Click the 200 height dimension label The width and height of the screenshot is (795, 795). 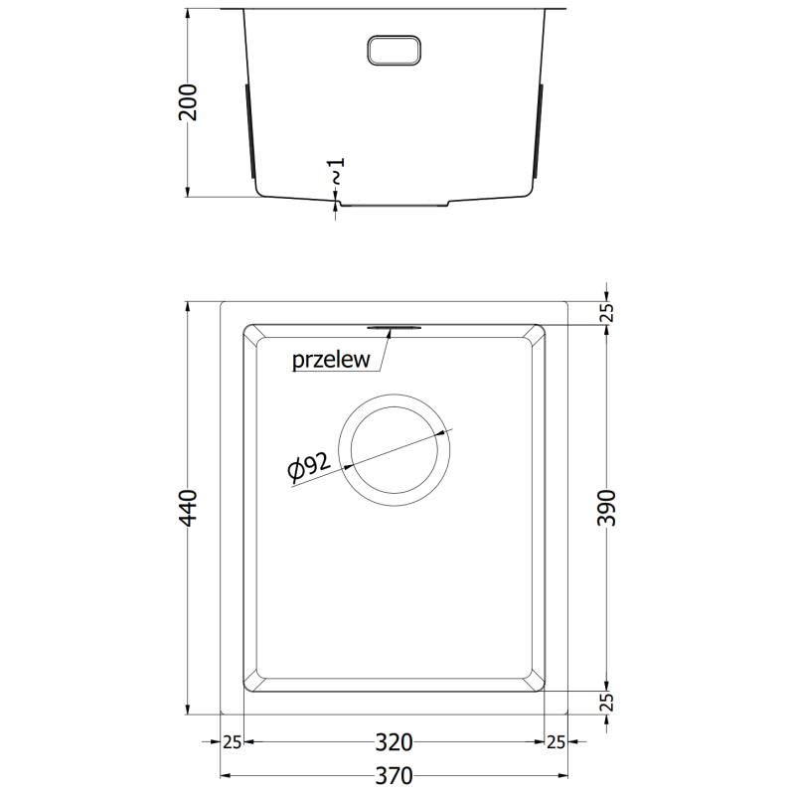(x=190, y=102)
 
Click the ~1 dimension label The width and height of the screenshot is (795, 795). (x=337, y=170)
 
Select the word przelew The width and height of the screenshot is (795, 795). (x=331, y=361)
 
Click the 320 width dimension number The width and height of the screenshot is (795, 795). (x=395, y=742)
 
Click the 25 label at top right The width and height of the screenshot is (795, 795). (x=609, y=313)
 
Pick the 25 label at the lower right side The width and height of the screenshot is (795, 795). (x=609, y=703)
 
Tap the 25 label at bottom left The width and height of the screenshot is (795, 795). (x=232, y=742)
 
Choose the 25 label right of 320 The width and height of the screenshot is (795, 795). (x=556, y=742)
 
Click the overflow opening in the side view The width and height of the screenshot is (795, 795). (x=396, y=53)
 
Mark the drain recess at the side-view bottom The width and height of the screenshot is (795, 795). (x=394, y=204)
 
